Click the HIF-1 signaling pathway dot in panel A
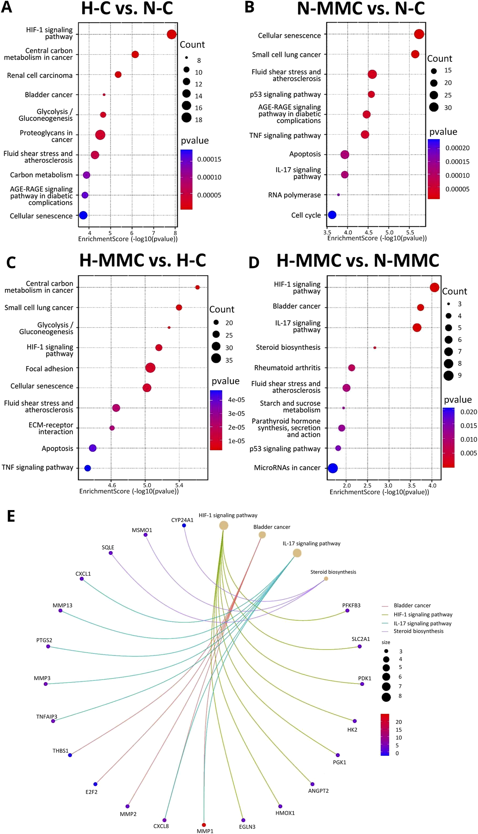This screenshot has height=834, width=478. pyautogui.click(x=171, y=34)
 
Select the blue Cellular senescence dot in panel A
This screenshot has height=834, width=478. pyautogui.click(x=83, y=215)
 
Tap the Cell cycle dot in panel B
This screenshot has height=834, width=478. pyautogui.click(x=332, y=215)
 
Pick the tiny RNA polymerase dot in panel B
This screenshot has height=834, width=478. pyautogui.click(x=338, y=195)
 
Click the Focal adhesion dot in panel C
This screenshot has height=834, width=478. pyautogui.click(x=150, y=368)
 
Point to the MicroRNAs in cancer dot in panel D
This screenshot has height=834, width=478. pyautogui.click(x=333, y=468)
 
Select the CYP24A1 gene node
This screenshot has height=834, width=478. pyautogui.click(x=184, y=525)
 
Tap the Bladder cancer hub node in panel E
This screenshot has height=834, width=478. pyautogui.click(x=262, y=535)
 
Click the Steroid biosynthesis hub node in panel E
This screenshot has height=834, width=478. pyautogui.click(x=326, y=579)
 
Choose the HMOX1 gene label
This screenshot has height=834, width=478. pyautogui.click(x=285, y=813)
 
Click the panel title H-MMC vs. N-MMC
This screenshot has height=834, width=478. pyautogui.click(x=358, y=261)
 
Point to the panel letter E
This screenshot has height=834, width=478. pyautogui.click(x=11, y=516)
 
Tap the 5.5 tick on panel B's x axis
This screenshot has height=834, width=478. pyautogui.click(x=410, y=233)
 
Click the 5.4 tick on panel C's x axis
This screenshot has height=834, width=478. pyautogui.click(x=179, y=485)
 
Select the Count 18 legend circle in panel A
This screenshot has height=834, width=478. pyautogui.click(x=187, y=118)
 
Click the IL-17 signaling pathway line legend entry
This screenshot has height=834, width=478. pyautogui.click(x=422, y=623)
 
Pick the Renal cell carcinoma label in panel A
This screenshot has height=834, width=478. pyautogui.click(x=40, y=75)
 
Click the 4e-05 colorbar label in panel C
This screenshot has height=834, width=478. pyautogui.click(x=236, y=400)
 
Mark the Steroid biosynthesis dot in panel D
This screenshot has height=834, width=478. pyautogui.click(x=375, y=348)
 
